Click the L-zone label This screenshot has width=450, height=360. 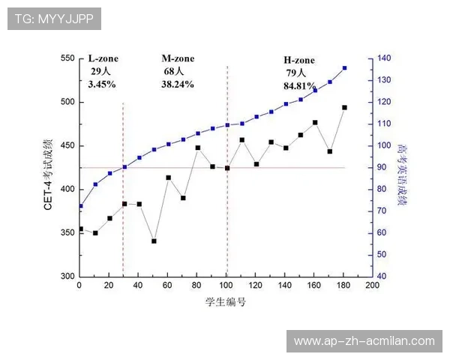pos(103,58)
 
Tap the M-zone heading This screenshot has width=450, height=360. pos(178,58)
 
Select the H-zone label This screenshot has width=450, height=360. pos(298,60)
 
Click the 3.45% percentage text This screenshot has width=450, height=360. pos(101,85)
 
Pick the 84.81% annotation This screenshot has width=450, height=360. pos(298,85)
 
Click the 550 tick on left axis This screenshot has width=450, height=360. pos(66,58)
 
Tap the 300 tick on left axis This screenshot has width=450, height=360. pos(66,277)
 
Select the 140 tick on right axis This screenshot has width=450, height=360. pos(383,58)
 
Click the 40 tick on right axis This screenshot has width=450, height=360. pos(381,277)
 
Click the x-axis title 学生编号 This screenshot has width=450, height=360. pos(226,303)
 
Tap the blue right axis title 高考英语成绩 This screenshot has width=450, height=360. pos(402,168)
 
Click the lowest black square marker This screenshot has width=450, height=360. pos(154,241)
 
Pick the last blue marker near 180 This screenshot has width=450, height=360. pos(344,68)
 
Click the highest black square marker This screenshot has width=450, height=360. pos(344,107)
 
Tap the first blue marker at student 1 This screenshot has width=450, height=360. pos(80,205)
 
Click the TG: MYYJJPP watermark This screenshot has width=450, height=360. pos(54,19)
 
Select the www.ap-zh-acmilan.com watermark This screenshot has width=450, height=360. pos(364,341)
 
